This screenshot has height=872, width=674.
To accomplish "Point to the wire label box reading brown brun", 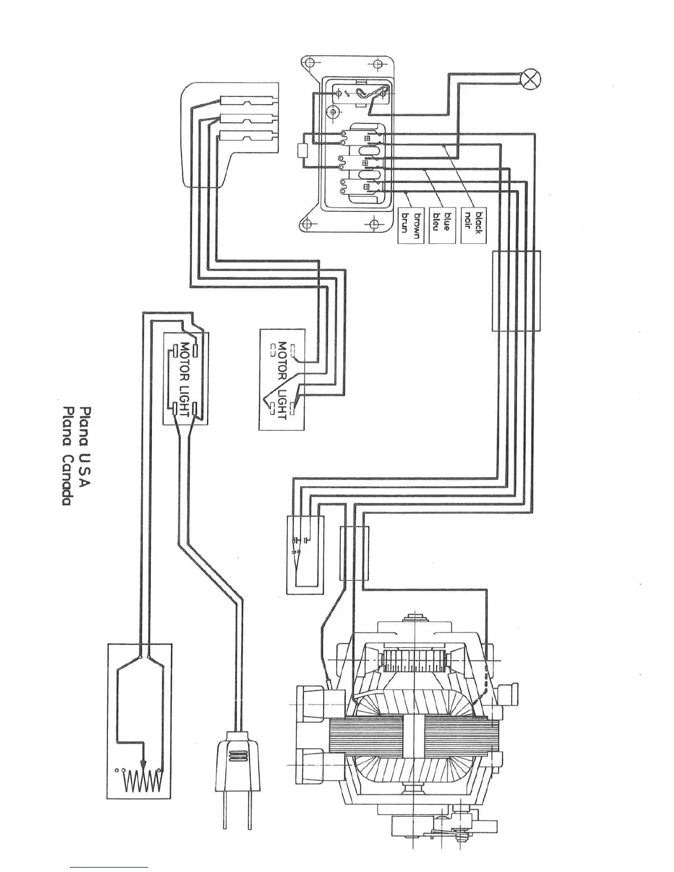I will (411, 225).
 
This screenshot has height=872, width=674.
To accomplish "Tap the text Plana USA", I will (85, 447).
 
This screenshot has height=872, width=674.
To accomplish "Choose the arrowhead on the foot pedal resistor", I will (143, 765).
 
